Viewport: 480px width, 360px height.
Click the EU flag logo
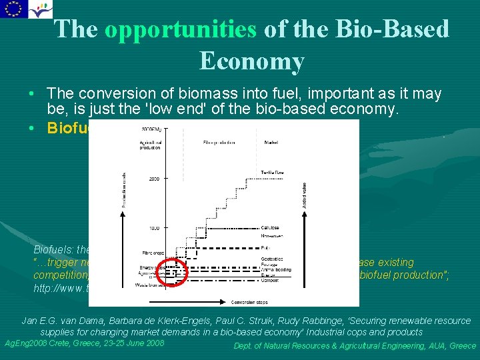(13, 9)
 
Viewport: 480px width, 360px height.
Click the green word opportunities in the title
(181, 29)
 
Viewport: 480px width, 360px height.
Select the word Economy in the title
(251, 61)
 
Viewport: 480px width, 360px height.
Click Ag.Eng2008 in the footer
(32, 343)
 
